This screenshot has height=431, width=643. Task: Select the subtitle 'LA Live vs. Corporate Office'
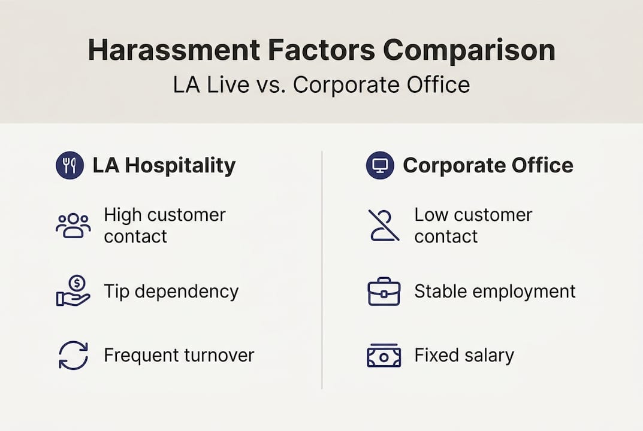(321, 84)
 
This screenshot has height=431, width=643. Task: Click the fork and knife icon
(70, 166)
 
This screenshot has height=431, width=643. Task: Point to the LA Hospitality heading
(164, 166)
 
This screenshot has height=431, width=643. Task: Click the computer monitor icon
(380, 165)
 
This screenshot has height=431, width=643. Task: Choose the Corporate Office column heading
(488, 165)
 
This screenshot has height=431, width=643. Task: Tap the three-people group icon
(73, 226)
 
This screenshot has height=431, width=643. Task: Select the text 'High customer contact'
(164, 225)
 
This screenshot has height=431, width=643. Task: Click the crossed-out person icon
(384, 226)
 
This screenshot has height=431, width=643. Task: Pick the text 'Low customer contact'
(473, 225)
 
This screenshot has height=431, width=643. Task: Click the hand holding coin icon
(73, 292)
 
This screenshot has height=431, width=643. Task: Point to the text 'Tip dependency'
(171, 292)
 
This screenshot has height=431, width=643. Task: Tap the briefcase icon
(384, 292)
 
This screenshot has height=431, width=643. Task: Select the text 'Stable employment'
(494, 292)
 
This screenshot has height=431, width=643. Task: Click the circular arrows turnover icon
(73, 356)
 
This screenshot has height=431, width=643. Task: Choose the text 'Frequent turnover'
(179, 356)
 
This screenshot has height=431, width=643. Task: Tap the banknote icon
(384, 356)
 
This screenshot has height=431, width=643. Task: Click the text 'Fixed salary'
(464, 356)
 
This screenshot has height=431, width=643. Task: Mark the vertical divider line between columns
(322, 269)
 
